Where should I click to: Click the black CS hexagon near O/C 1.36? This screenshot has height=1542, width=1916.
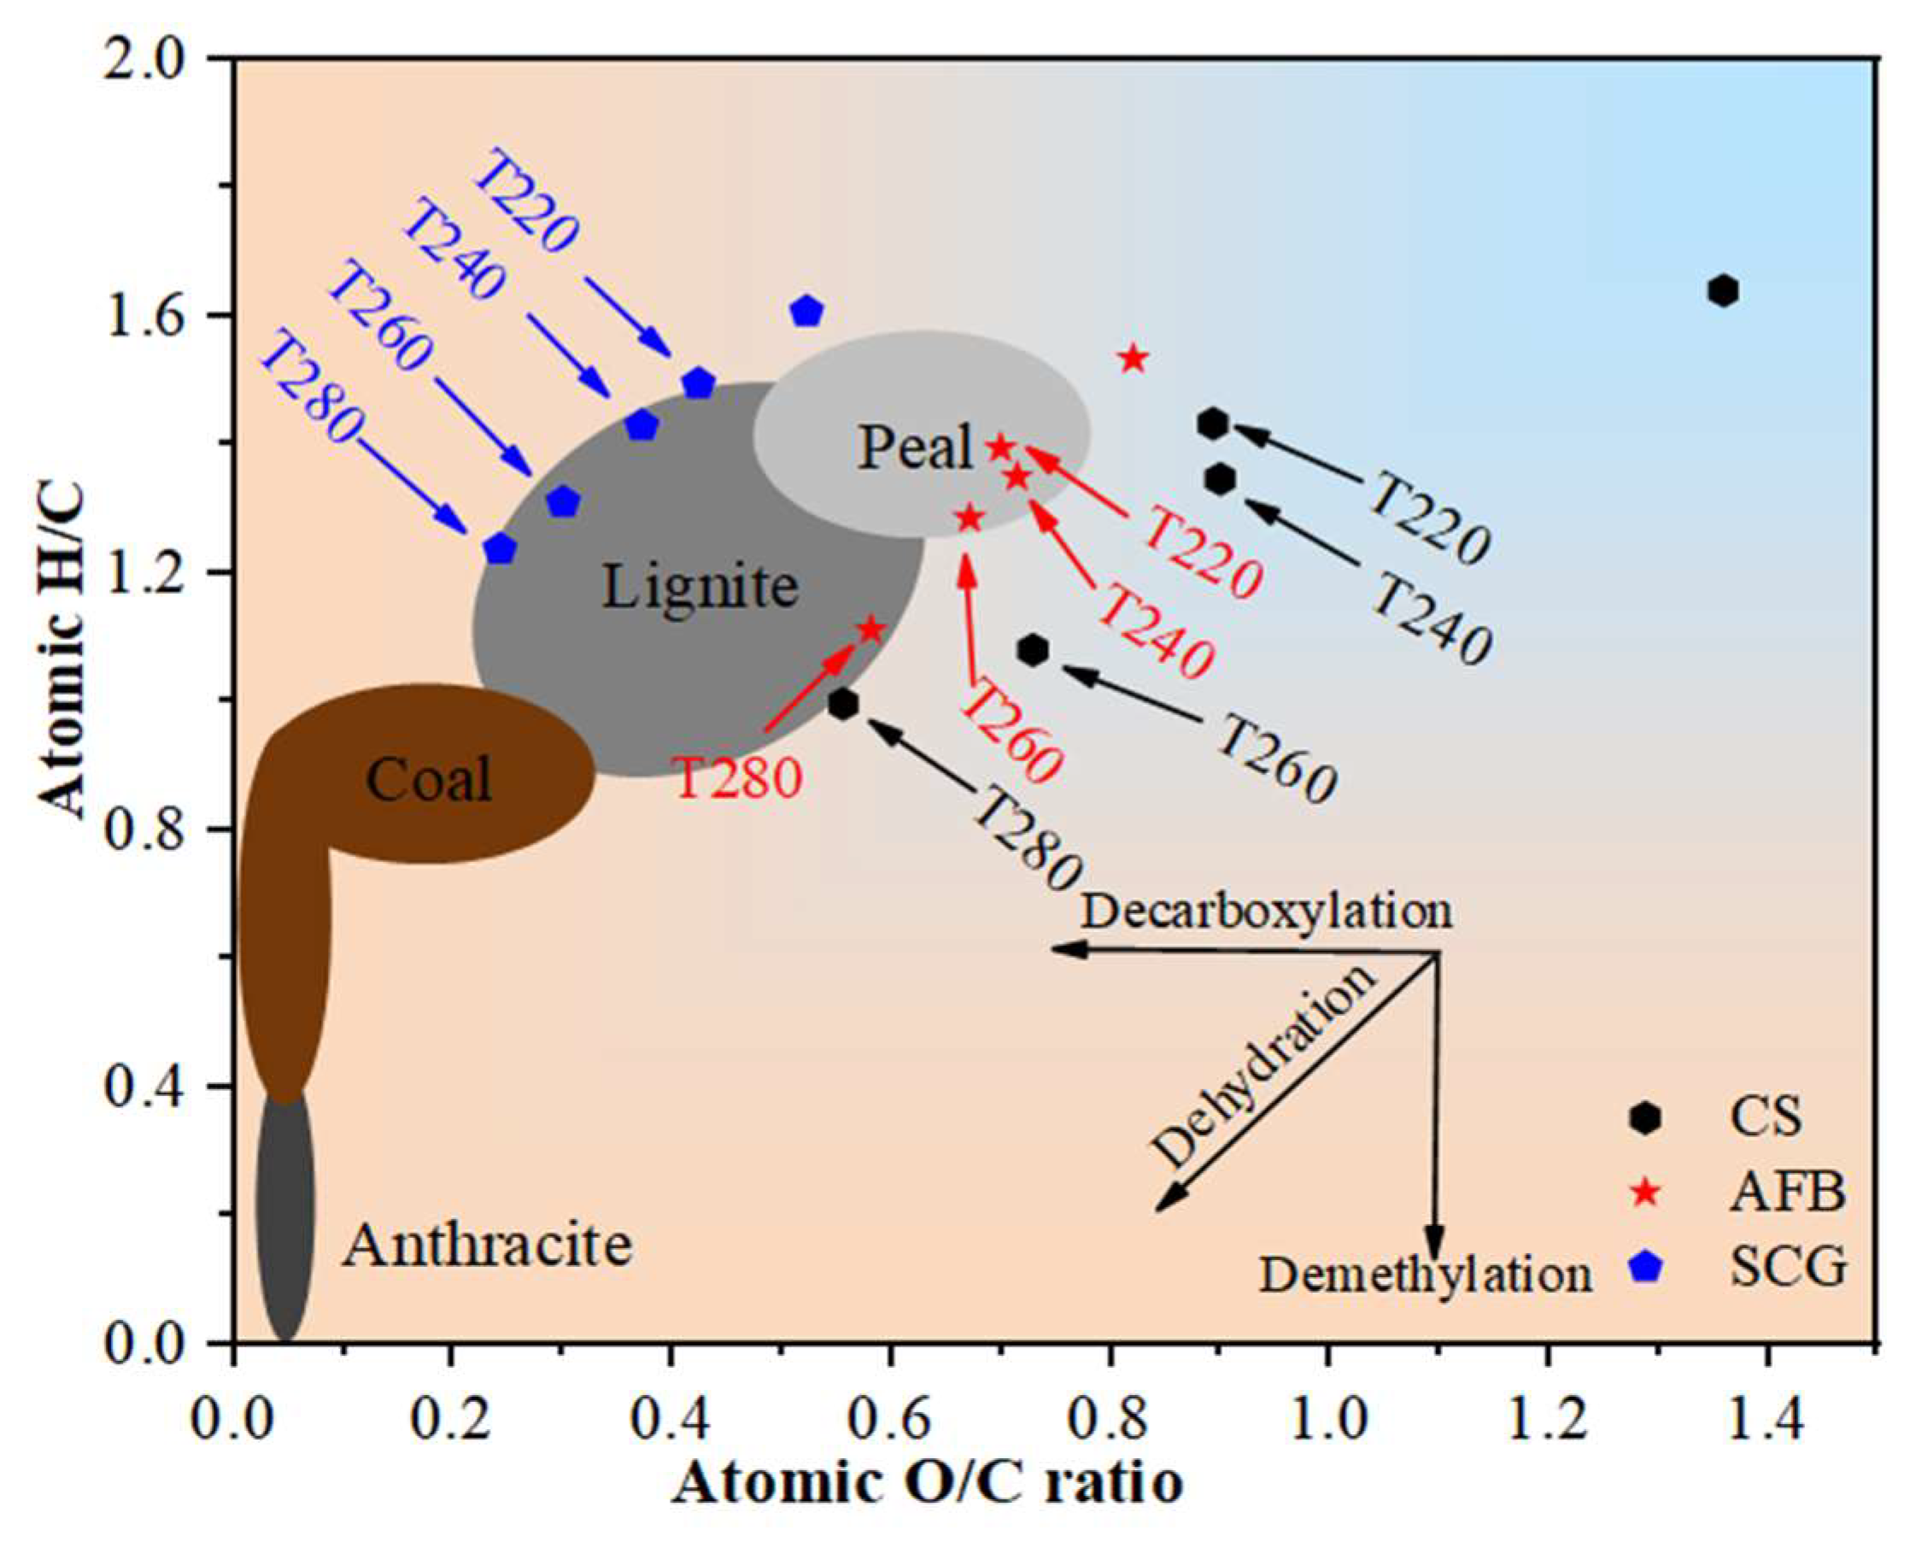(x=1722, y=290)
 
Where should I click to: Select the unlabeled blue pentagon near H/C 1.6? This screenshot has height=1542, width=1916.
(x=806, y=311)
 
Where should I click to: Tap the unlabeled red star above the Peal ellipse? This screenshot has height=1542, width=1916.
(x=1132, y=359)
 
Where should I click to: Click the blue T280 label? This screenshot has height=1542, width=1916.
(x=312, y=389)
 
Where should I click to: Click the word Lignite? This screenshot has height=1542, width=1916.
(x=700, y=587)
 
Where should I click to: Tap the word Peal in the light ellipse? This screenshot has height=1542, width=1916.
(x=916, y=447)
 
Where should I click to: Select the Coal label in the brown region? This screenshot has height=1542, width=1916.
(x=428, y=780)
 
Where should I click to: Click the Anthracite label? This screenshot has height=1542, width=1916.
(x=488, y=1246)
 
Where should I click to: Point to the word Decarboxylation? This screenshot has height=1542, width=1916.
(x=1267, y=911)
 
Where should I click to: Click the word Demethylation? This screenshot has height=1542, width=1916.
(x=1426, y=1275)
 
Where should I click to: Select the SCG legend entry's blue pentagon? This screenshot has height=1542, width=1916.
(x=1647, y=1268)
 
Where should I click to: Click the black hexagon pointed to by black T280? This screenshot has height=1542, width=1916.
(x=842, y=704)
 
